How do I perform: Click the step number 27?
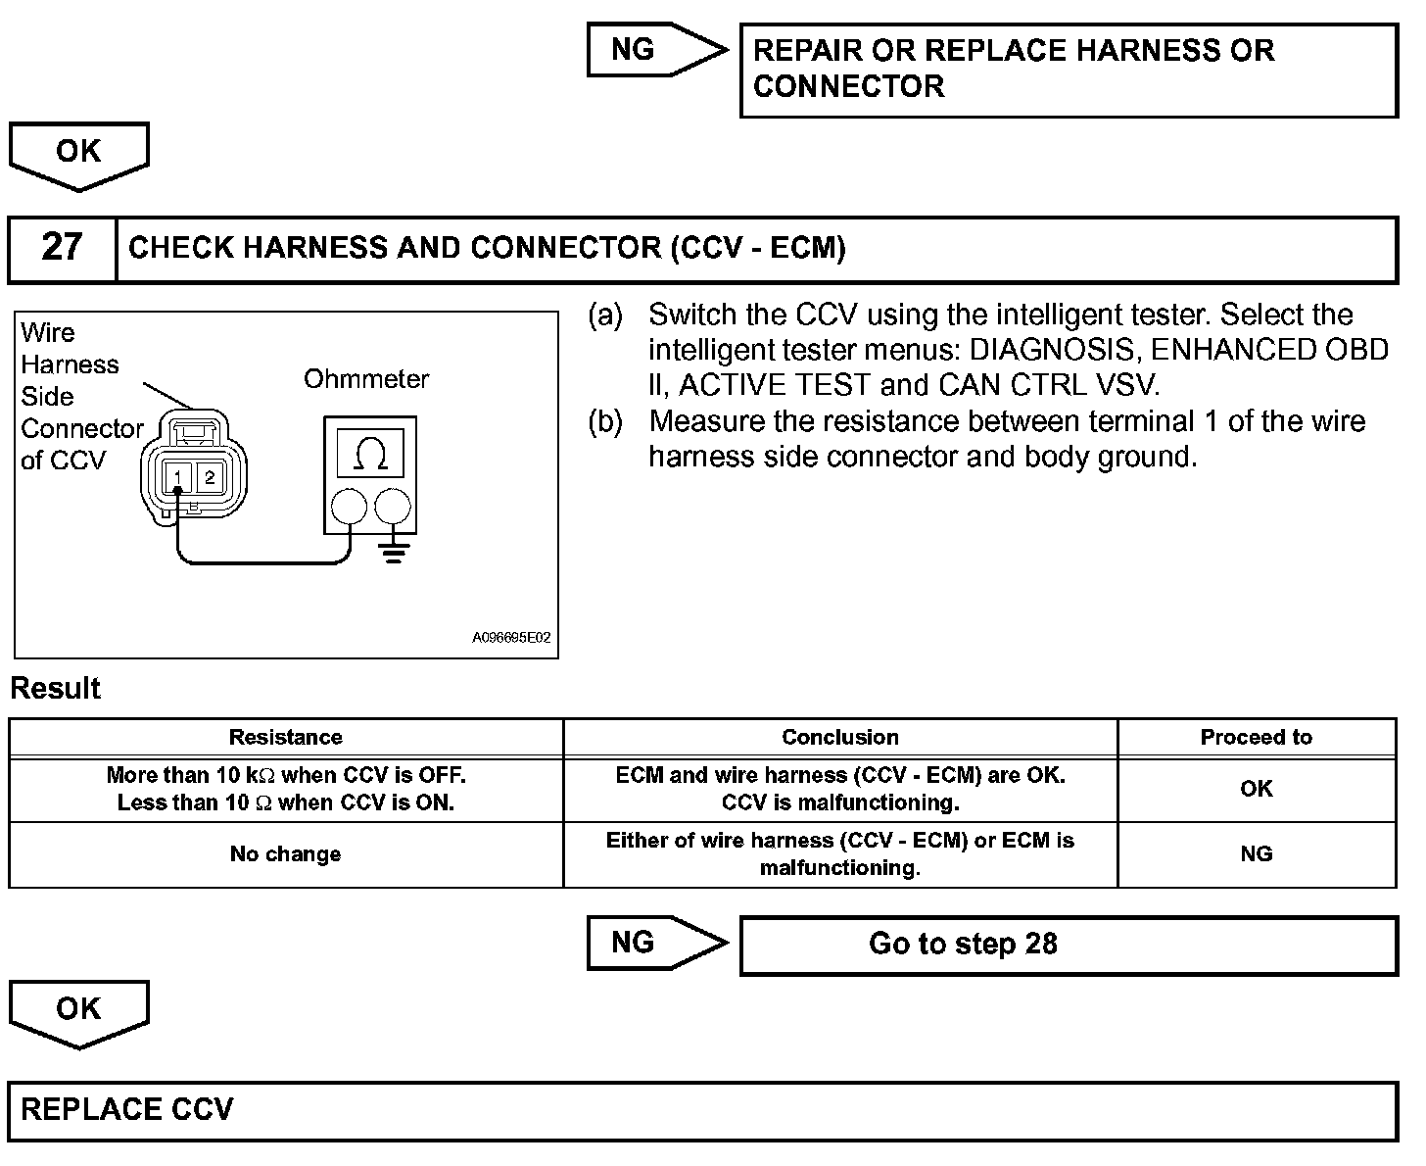[61, 247]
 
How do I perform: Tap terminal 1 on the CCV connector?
[177, 477]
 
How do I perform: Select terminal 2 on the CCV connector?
[211, 477]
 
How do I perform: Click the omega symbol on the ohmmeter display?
[369, 455]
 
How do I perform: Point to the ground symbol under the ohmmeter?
[394, 554]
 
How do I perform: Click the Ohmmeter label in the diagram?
[366, 379]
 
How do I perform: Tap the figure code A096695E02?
[511, 638]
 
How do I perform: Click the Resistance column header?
[285, 738]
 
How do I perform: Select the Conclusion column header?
[839, 738]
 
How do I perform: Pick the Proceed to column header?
[1256, 738]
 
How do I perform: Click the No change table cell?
[285, 854]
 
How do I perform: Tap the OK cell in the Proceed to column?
[1256, 789]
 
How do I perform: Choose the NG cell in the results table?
[1256, 854]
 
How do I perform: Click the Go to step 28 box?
[1068, 945]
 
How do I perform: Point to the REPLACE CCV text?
[127, 1109]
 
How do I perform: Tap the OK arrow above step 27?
[78, 154]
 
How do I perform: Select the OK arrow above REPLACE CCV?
[78, 1011]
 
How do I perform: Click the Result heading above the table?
[55, 688]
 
